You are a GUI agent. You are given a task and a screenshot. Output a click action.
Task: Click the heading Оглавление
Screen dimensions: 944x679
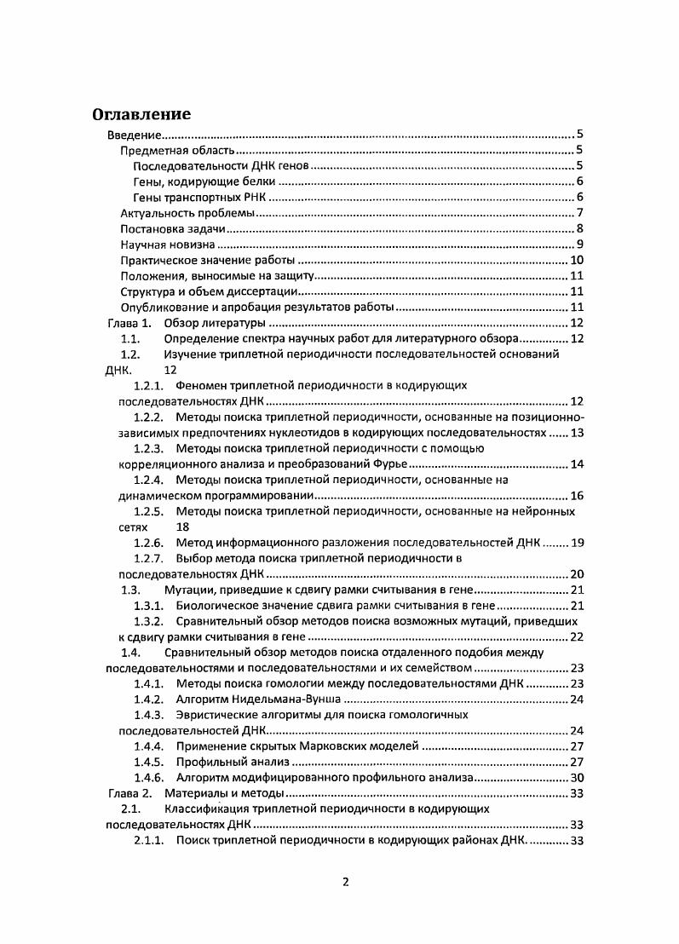tap(141, 115)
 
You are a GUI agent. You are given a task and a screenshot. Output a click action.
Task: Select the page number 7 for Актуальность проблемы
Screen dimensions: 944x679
tap(578, 212)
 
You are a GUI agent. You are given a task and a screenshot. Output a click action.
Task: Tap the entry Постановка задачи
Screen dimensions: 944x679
tap(172, 228)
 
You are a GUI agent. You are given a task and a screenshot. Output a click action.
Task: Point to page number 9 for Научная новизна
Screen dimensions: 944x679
tap(578, 245)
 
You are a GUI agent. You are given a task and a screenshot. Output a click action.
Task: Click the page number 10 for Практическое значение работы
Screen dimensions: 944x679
tap(576, 260)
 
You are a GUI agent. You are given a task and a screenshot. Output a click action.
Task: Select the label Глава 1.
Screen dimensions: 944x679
tap(128, 323)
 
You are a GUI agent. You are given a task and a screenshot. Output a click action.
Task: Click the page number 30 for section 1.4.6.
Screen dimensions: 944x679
tap(576, 778)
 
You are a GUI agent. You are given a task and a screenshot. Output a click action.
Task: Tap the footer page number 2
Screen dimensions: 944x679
tap(346, 882)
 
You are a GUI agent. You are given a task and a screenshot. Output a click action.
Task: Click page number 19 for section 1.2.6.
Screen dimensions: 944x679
tap(576, 543)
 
